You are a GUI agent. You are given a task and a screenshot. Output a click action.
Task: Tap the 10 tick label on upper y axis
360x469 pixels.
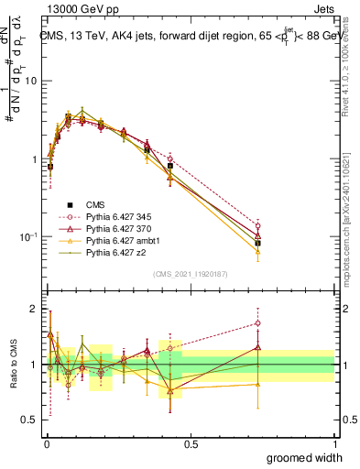tap(30, 81)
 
